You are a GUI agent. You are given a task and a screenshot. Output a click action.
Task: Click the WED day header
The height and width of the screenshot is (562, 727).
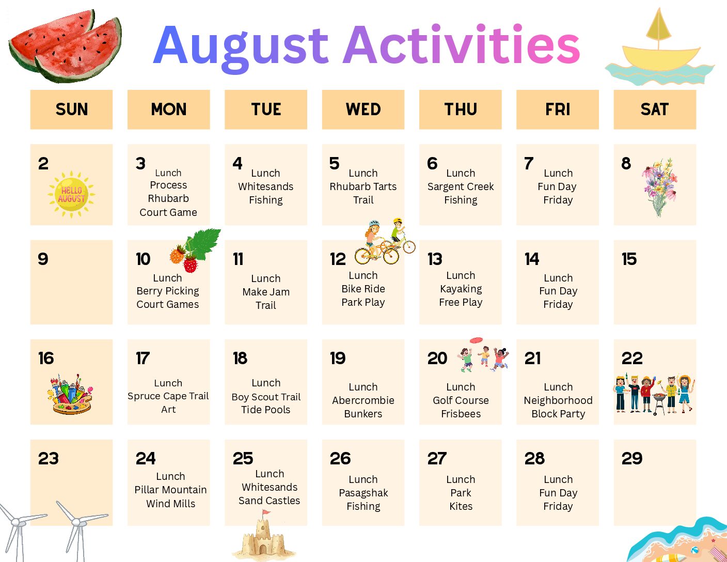coord(363,110)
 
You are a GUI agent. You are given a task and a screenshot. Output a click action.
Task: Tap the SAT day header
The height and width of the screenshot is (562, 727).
coord(655,110)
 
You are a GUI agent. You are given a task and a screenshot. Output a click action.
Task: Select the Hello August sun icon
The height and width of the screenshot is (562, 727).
coord(71,194)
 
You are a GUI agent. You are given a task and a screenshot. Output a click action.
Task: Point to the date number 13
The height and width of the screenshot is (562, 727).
coord(435,259)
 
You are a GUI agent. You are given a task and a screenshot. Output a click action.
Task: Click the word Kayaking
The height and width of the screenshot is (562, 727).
coord(461,289)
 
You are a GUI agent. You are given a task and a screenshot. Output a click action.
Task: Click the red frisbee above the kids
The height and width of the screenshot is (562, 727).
coord(476,340)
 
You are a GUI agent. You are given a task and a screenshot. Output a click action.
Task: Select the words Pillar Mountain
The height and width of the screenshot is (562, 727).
coord(170,490)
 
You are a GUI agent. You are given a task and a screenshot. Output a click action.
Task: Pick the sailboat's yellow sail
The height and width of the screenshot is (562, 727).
coord(658,25)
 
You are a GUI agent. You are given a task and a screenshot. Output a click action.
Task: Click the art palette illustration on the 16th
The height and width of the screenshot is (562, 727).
coord(70,394)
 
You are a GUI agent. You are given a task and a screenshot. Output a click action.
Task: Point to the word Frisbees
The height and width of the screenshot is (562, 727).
coord(461,414)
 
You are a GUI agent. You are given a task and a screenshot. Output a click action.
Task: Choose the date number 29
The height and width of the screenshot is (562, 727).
coord(631,459)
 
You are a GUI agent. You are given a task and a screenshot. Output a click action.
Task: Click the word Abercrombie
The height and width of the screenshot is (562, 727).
coord(363,400)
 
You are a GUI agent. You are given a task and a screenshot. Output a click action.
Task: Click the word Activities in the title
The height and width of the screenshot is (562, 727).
coord(462,45)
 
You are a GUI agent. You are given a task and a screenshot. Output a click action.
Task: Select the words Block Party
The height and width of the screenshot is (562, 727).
coord(558,414)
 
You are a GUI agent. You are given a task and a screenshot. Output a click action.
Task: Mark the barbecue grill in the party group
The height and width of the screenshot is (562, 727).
coord(659,403)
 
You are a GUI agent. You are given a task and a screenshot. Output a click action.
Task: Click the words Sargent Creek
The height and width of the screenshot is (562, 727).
coord(461,186)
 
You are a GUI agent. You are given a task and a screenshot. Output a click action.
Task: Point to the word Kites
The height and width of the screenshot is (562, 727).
coord(461,506)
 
